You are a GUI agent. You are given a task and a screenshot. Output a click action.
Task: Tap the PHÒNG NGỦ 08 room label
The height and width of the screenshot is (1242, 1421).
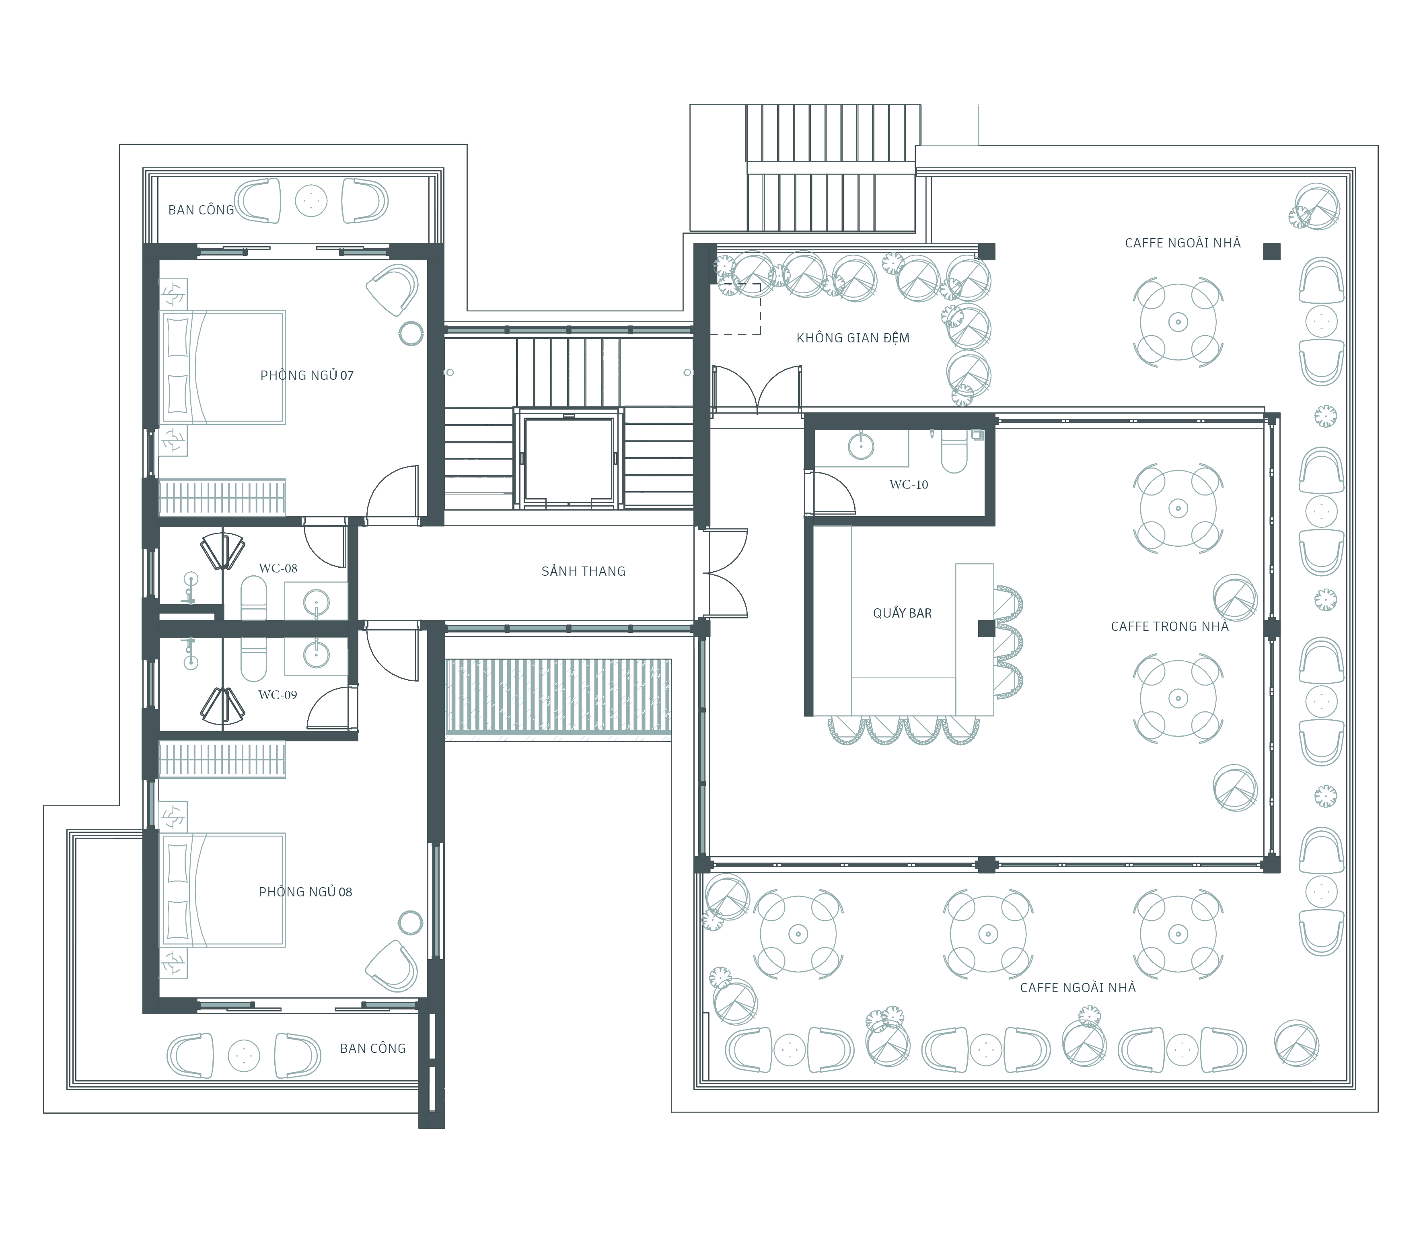306,892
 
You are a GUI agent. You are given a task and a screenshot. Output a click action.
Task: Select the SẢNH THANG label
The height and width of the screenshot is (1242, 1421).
583,571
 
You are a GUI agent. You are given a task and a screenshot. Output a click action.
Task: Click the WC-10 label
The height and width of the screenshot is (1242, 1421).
908,484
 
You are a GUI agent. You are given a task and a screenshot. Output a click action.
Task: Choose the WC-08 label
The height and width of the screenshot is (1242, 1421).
278,568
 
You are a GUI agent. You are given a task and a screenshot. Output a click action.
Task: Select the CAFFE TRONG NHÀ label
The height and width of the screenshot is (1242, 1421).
1170,626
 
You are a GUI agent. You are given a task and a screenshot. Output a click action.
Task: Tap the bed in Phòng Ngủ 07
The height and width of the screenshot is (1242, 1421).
222,367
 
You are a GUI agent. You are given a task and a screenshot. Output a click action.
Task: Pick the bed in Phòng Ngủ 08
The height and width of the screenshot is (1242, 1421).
222,890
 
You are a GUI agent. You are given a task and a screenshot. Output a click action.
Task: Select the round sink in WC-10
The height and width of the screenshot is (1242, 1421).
861,446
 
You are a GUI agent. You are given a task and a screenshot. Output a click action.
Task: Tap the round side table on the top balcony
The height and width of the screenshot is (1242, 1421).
311,200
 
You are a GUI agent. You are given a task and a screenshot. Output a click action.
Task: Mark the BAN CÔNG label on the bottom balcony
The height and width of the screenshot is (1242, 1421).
373,1048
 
